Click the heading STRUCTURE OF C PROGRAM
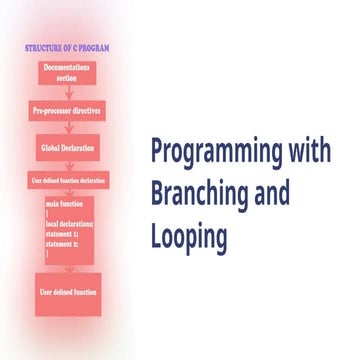coord(67,47)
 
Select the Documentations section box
coord(68,72)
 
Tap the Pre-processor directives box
coord(67,109)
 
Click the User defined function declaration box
coord(67,180)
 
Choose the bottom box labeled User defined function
coord(68,292)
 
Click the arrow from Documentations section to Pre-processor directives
coord(67,91)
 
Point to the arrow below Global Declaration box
coord(67,163)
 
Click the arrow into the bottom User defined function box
coord(67,273)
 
